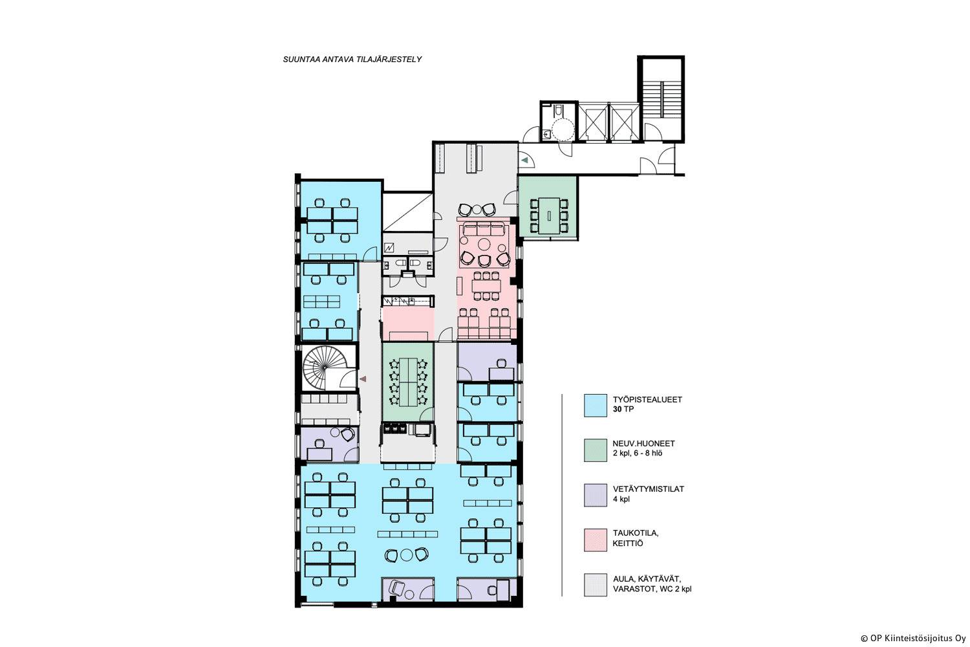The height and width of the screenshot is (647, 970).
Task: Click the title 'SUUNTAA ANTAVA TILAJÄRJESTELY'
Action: [352, 60]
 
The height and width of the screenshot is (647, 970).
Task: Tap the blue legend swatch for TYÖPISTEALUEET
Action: [595, 405]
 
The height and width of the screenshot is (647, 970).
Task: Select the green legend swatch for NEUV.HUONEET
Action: [595, 450]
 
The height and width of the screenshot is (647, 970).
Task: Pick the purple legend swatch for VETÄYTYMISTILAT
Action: [595, 495]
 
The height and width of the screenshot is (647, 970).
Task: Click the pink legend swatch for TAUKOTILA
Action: [595, 540]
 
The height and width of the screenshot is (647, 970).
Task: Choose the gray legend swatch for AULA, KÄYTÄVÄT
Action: [595, 585]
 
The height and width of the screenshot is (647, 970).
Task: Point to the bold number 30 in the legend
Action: [617, 409]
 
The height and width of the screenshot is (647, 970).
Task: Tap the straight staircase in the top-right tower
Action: [662, 99]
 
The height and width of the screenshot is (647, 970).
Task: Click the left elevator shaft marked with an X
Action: [593, 122]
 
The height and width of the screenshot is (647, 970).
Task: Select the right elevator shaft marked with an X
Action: [623, 122]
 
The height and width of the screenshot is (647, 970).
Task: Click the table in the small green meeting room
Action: [548, 215]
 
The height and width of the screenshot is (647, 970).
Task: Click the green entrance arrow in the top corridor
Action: [524, 160]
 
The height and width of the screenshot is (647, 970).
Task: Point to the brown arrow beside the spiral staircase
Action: [363, 378]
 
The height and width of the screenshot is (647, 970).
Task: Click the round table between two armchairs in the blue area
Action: [407, 554]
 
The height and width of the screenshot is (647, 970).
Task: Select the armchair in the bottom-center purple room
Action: [396, 588]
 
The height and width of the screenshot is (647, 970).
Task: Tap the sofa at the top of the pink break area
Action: [483, 229]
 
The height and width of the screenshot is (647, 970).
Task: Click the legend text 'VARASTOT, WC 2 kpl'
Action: [652, 589]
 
